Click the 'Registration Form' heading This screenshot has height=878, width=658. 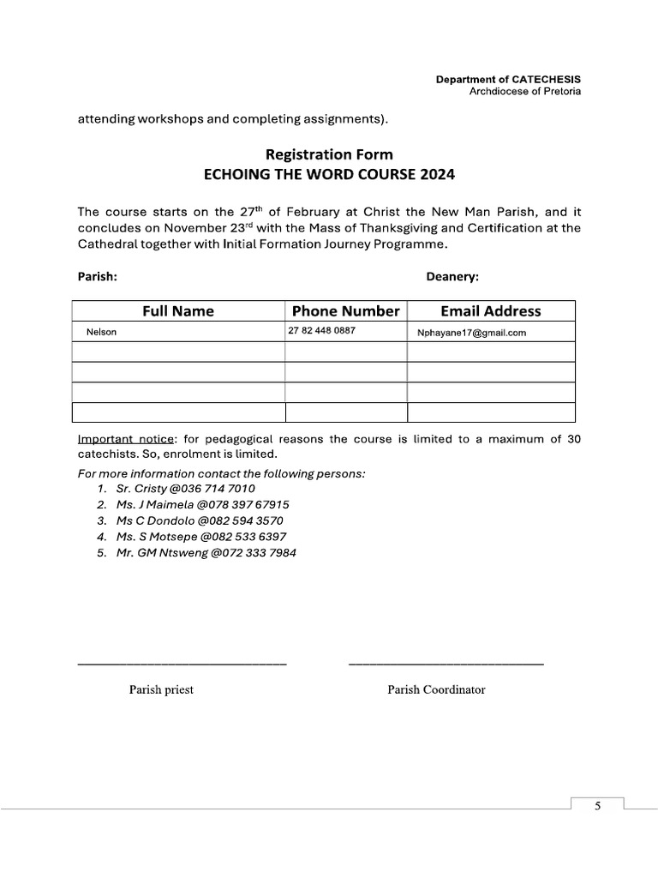tap(329, 154)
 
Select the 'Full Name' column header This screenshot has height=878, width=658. tap(178, 310)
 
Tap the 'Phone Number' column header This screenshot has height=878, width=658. tap(345, 310)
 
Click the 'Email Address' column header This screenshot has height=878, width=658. tap(490, 310)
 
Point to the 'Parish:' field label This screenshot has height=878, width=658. tap(97, 277)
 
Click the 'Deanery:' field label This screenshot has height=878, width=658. tap(452, 277)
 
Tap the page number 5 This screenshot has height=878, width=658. tap(597, 805)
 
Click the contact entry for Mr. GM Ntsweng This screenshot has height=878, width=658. tap(206, 553)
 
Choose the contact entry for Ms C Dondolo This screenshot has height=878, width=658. tap(199, 520)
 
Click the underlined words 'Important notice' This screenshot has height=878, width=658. tap(125, 440)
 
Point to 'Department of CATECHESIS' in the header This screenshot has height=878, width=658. tap(508, 80)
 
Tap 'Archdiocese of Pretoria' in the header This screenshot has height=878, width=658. tap(525, 92)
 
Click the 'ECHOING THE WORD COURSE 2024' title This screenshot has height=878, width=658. tap(329, 175)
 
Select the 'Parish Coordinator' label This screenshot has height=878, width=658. tap(436, 689)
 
